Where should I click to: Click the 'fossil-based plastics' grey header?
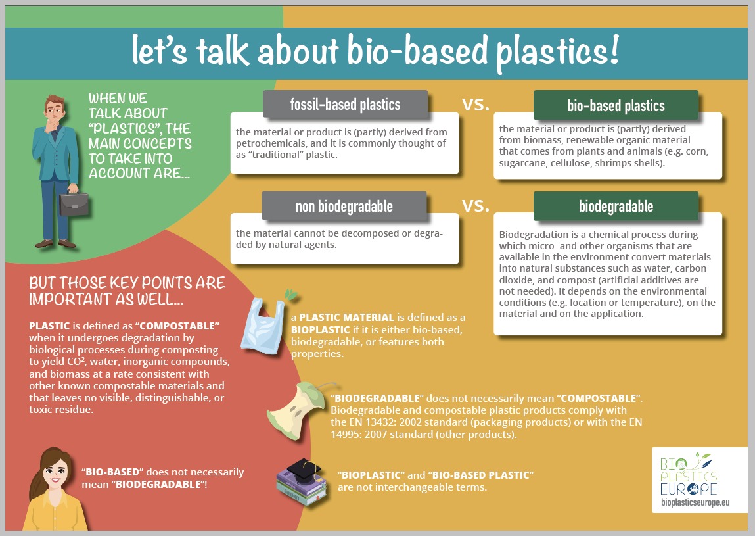(345, 104)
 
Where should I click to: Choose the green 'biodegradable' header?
(616, 206)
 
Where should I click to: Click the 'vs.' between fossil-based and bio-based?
(476, 104)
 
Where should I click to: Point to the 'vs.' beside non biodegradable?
(476, 205)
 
